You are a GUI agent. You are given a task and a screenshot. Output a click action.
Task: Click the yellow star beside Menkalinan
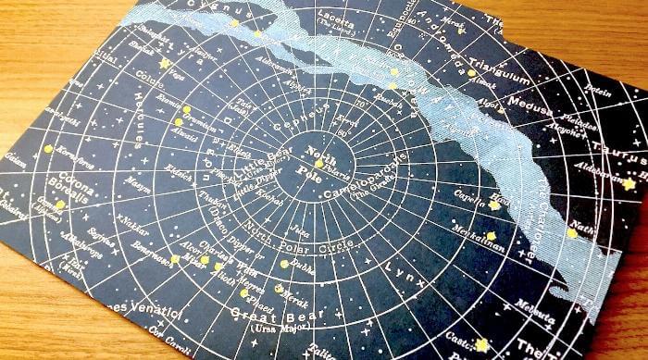[492, 237]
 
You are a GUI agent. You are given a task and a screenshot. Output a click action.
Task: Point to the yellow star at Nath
[571, 233]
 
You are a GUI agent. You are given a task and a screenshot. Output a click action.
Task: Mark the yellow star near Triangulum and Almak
[471, 72]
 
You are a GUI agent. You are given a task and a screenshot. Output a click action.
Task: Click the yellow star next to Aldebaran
[629, 184]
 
